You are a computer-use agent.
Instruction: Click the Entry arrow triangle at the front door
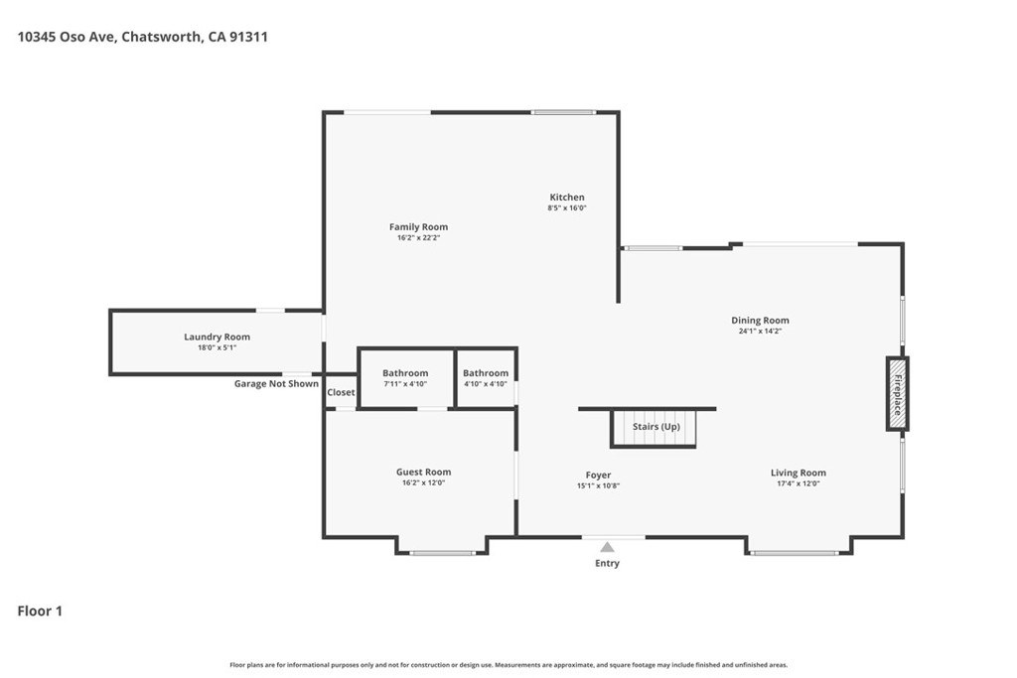click(607, 547)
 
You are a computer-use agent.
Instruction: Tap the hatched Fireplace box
click(898, 393)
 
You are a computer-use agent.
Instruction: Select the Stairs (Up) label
click(656, 427)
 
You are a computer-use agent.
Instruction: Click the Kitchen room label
click(567, 198)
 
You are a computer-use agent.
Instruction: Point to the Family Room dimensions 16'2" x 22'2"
click(418, 238)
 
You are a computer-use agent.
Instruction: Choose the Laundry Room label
click(217, 338)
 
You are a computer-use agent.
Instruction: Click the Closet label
click(342, 392)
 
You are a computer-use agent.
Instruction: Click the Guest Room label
click(423, 472)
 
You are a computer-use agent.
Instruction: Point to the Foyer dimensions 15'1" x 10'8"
click(598, 486)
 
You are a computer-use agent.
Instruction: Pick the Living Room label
click(799, 474)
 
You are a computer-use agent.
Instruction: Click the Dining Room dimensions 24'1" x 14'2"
click(760, 332)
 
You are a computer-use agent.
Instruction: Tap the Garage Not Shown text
click(276, 384)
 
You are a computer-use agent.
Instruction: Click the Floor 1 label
click(40, 611)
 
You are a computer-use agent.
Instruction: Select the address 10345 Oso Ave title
click(142, 37)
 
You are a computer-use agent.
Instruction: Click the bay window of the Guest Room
click(442, 553)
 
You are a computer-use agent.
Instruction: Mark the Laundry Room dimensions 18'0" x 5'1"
click(217, 348)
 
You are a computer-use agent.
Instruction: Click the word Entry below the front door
click(607, 563)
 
